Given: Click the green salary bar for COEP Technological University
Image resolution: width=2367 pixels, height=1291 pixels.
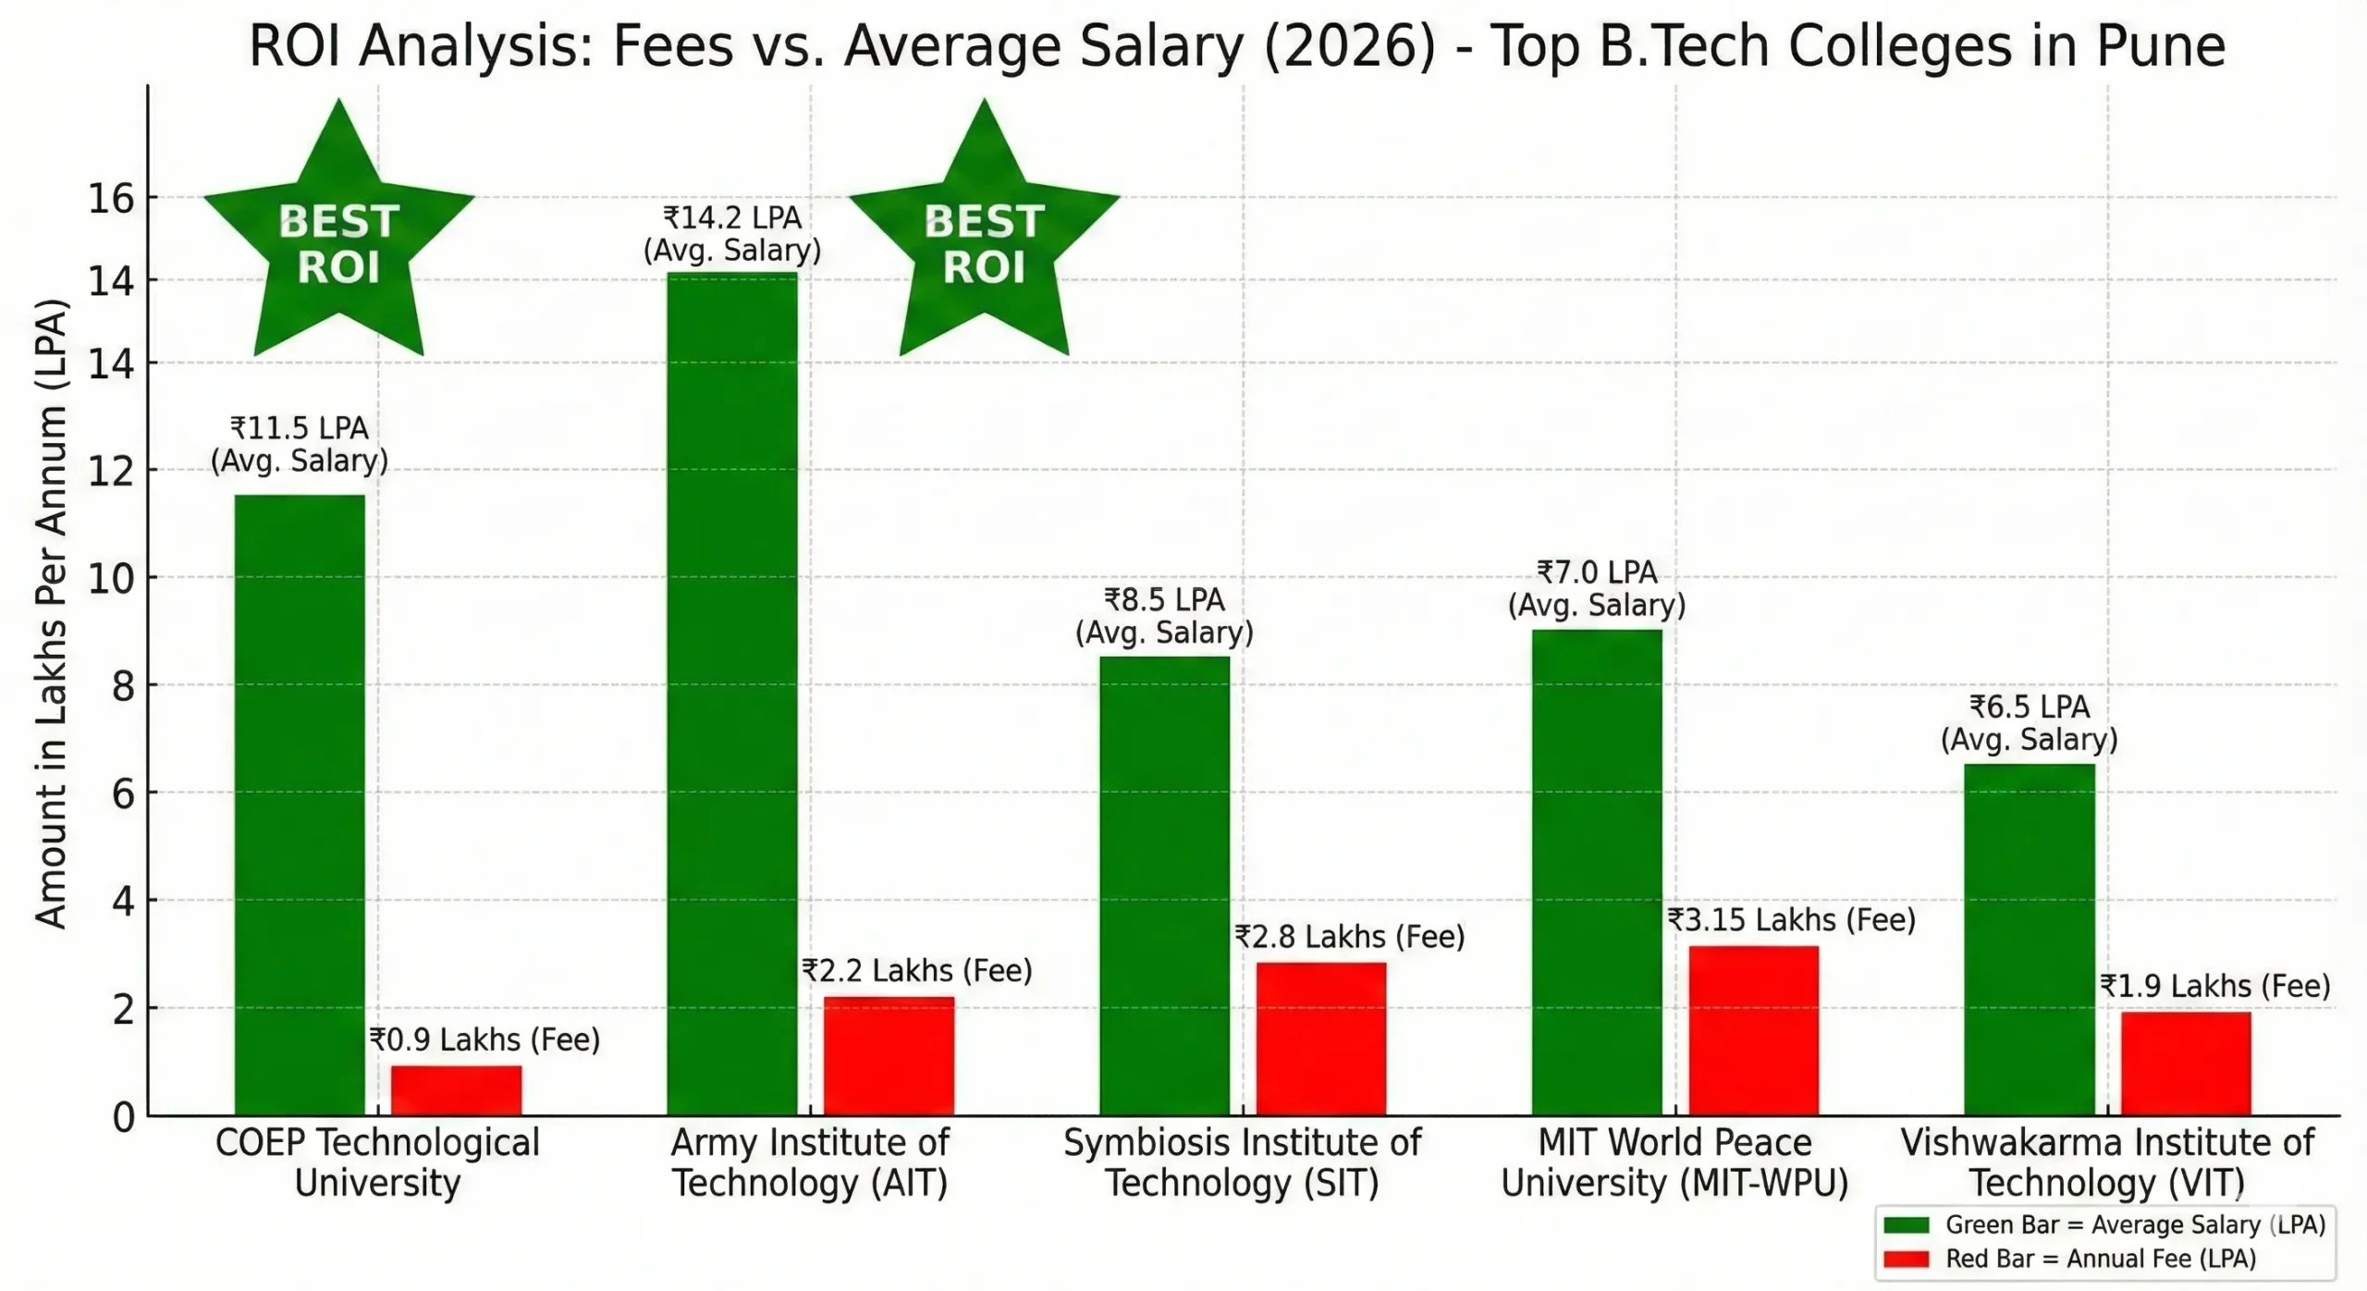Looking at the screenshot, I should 300,805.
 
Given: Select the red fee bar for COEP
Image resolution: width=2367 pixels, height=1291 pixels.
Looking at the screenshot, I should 456,1090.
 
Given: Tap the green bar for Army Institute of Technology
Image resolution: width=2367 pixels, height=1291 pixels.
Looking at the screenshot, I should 731,694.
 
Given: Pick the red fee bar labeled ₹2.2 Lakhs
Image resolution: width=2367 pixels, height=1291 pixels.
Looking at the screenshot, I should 889,1055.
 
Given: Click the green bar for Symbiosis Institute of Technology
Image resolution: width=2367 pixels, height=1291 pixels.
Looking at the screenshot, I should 1164,885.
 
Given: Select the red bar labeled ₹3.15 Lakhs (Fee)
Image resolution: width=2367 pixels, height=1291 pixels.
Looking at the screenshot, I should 1753,1030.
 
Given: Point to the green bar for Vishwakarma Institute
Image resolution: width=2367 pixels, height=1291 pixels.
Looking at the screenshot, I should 2029,939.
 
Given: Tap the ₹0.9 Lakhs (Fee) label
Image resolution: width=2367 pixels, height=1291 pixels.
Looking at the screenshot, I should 484,1039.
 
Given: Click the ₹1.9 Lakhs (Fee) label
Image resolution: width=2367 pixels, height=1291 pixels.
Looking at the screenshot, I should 2214,986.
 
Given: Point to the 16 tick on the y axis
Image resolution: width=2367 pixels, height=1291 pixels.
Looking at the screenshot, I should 111,198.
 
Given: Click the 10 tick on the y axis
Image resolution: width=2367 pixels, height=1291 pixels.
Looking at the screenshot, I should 111,578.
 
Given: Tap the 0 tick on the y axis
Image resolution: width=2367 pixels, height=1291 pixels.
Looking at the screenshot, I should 123,1117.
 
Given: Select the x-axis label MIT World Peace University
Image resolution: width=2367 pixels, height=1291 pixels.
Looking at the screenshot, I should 1674,1162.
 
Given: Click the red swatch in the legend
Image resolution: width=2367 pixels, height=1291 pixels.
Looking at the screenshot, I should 1906,1259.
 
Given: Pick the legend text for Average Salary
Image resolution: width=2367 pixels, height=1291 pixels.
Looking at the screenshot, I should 2134,1224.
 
